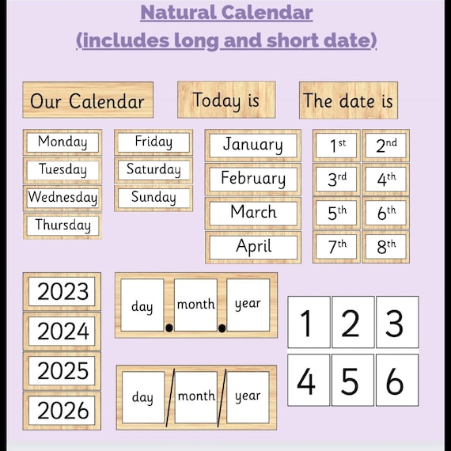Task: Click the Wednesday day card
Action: pos(63,197)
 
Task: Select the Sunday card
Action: pos(153,198)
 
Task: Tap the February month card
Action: pos(252,179)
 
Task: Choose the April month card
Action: pos(252,247)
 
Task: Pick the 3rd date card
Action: pos(337,179)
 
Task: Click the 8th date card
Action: pos(386,247)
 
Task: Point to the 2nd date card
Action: pos(386,145)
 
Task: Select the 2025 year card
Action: pos(63,370)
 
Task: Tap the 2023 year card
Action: pos(63,291)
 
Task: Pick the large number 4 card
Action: pos(308,380)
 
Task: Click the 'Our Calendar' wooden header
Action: pos(87,100)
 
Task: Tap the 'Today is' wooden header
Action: pos(226,100)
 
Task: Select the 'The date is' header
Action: pos(348,100)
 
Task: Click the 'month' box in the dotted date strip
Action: pos(195,305)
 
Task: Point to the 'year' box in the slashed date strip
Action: pos(248,396)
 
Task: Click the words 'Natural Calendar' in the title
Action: pos(226,13)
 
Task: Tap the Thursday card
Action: pos(63,225)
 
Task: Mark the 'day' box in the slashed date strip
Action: pos(143,396)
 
